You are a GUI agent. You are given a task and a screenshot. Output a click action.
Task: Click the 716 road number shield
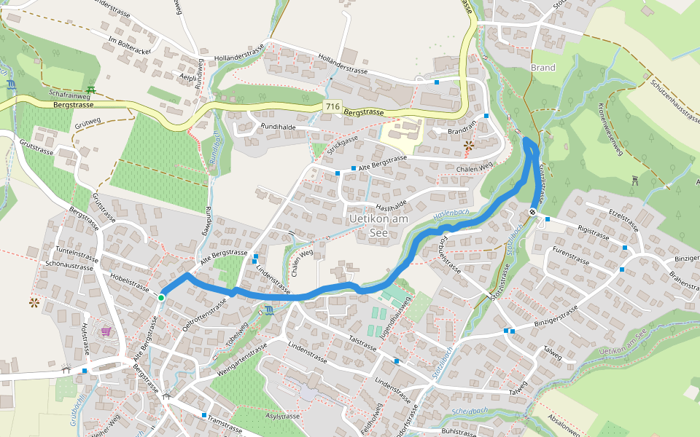coord(332,107)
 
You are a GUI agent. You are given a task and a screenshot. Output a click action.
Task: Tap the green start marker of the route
coord(160,297)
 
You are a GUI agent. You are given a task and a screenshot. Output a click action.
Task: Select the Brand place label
coord(543,68)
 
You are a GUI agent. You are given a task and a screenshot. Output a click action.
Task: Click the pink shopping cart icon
coord(106,331)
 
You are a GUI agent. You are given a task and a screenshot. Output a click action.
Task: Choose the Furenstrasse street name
coord(570,253)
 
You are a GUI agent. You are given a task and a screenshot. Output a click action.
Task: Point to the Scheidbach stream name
coord(469,411)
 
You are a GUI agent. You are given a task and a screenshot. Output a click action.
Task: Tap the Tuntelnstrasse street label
coord(71,256)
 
